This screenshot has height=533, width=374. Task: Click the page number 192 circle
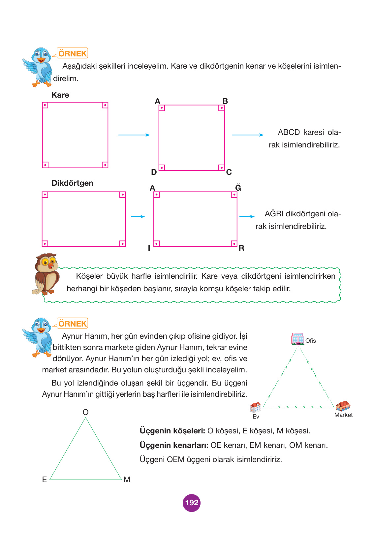pyautogui.click(x=192, y=503)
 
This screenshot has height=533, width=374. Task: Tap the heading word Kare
pyautogui.click(x=60, y=95)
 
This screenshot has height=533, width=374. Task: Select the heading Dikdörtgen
pyautogui.click(x=72, y=183)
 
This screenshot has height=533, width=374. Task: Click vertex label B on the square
pyautogui.click(x=225, y=101)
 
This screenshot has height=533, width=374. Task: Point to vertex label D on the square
pyautogui.click(x=154, y=172)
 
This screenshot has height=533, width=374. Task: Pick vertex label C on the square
pyautogui.click(x=229, y=172)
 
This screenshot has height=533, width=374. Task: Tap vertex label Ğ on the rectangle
pyautogui.click(x=238, y=188)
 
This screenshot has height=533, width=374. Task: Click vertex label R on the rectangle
pyautogui.click(x=241, y=248)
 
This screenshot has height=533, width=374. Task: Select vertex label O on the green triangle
pyautogui.click(x=86, y=412)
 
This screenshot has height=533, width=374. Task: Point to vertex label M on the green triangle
pyautogui.click(x=127, y=480)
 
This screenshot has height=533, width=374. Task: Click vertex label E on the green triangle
pyautogui.click(x=45, y=480)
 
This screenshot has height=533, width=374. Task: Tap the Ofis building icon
pyautogui.click(x=297, y=339)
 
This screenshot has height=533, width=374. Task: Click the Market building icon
pyautogui.click(x=343, y=406)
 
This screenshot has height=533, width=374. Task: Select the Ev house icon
pyautogui.click(x=255, y=408)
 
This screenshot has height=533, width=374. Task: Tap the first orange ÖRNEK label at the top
pyautogui.click(x=73, y=53)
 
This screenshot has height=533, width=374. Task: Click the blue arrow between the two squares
pyautogui.click(x=134, y=135)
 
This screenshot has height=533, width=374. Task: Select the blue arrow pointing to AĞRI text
pyautogui.click(x=247, y=217)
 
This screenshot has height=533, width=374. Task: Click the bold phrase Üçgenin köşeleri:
pyautogui.click(x=172, y=431)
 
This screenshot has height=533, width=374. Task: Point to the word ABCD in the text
pyautogui.click(x=289, y=132)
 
